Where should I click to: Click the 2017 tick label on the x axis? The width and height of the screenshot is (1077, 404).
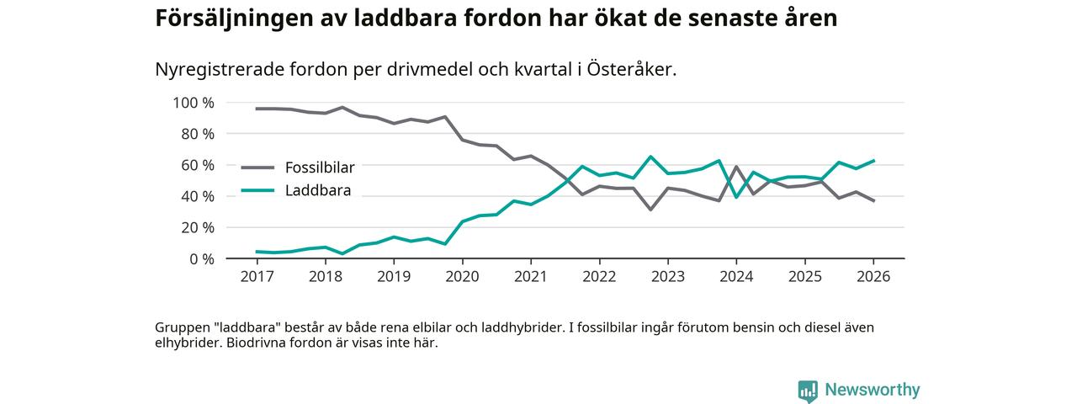click(257, 276)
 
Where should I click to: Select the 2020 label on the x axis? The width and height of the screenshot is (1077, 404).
click(462, 276)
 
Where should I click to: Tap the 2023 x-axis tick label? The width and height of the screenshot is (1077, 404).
click(668, 276)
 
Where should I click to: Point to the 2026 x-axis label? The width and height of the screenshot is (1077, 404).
click(873, 276)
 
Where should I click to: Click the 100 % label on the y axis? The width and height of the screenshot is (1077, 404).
click(193, 103)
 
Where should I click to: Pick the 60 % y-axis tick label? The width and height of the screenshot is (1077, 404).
click(197, 165)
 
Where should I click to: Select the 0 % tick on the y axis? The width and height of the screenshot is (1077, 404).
click(201, 258)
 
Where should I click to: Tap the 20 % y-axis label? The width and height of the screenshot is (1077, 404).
click(197, 227)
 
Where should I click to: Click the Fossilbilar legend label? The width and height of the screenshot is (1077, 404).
click(320, 167)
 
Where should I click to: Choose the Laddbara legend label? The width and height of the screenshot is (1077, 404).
click(317, 191)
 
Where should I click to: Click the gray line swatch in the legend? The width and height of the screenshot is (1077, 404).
click(257, 167)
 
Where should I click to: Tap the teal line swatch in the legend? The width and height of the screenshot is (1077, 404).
click(257, 191)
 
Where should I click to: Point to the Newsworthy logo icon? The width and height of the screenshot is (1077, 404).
click(808, 391)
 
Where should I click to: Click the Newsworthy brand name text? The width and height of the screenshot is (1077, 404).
click(872, 390)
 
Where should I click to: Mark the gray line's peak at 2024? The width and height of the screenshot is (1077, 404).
click(736, 167)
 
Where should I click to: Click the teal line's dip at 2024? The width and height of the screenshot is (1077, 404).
click(737, 197)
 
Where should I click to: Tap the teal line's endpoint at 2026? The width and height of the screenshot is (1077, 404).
click(873, 161)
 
